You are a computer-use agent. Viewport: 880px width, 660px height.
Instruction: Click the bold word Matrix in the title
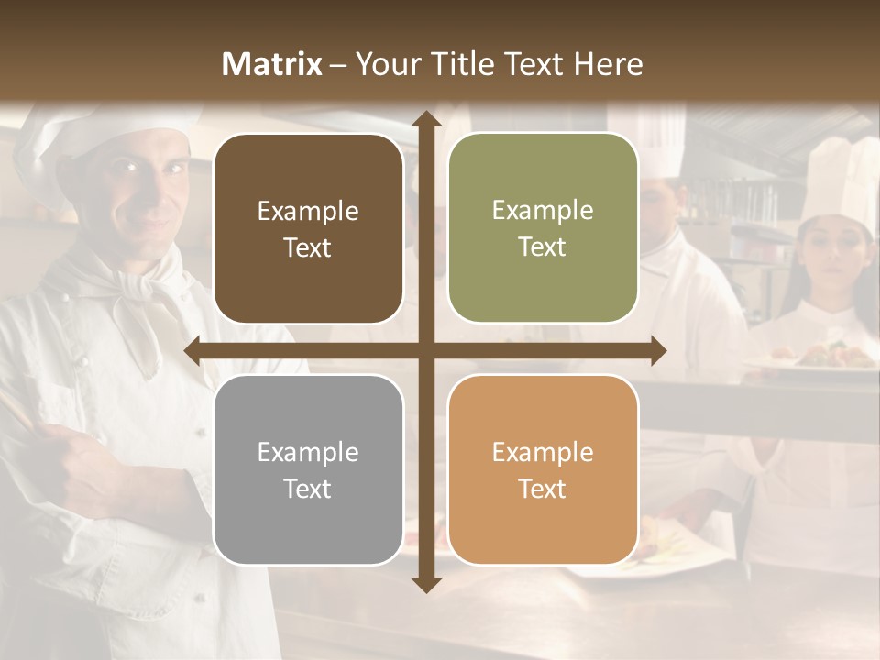[272, 64]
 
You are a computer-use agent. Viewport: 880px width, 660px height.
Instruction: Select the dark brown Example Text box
[308, 229]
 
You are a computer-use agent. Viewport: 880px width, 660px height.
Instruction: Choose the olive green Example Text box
[543, 228]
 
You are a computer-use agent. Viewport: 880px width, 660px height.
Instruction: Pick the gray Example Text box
[308, 469]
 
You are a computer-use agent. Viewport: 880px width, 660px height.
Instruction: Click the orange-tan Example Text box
[543, 469]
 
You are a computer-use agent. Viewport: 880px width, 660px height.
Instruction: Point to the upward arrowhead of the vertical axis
[426, 118]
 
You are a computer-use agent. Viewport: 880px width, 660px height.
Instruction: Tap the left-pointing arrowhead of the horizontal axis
[193, 350]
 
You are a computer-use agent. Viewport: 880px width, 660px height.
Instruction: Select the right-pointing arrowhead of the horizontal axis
[657, 350]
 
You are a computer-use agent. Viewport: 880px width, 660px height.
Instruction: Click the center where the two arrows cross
[426, 350]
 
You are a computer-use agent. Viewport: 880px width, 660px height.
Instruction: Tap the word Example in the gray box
[308, 452]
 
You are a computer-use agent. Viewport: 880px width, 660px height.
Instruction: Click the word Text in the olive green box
[543, 247]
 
